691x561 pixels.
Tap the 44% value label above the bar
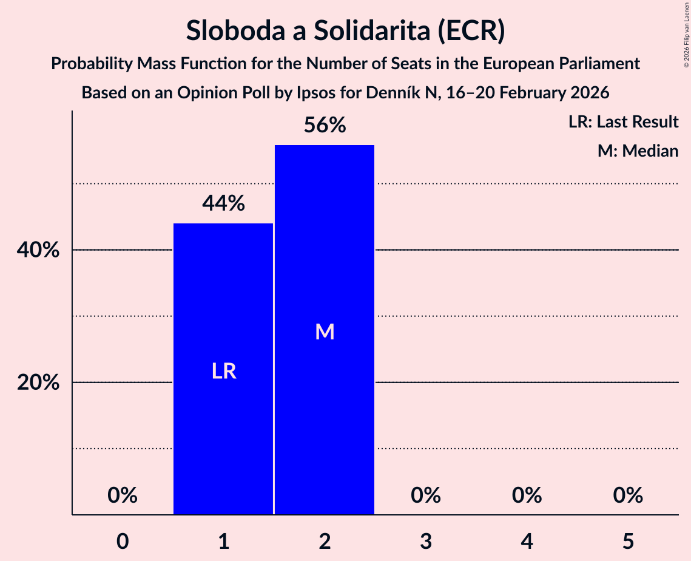coord(223,204)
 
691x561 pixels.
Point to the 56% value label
coord(325,126)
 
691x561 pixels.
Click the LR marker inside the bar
coord(223,371)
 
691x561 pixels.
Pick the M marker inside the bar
coord(325,331)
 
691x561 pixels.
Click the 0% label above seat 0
coord(123,495)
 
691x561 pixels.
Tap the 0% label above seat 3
coord(426,495)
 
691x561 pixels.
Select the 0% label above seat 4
coord(527,495)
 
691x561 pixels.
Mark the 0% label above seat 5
coord(628,495)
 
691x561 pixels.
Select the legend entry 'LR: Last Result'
coord(623,122)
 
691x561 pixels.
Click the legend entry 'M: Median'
coord(638,151)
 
